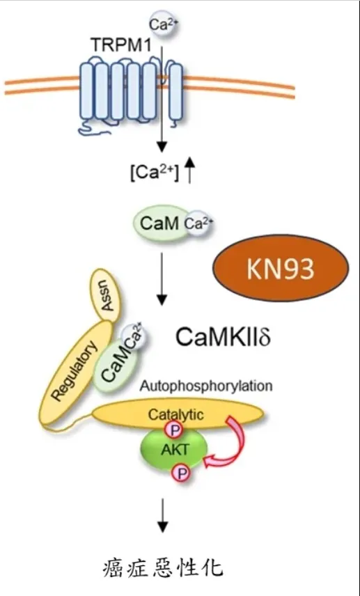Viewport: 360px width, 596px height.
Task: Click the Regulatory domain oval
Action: click(75, 366)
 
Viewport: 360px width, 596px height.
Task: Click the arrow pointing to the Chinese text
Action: click(162, 519)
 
